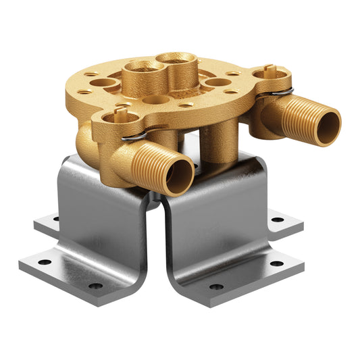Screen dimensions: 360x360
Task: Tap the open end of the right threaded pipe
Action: [x=329, y=125]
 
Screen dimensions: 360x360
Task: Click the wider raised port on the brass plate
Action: [x=143, y=69]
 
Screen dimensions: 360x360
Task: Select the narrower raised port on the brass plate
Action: [x=180, y=63]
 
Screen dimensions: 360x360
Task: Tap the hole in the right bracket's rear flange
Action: [x=275, y=219]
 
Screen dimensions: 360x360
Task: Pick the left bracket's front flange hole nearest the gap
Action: [x=97, y=286]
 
